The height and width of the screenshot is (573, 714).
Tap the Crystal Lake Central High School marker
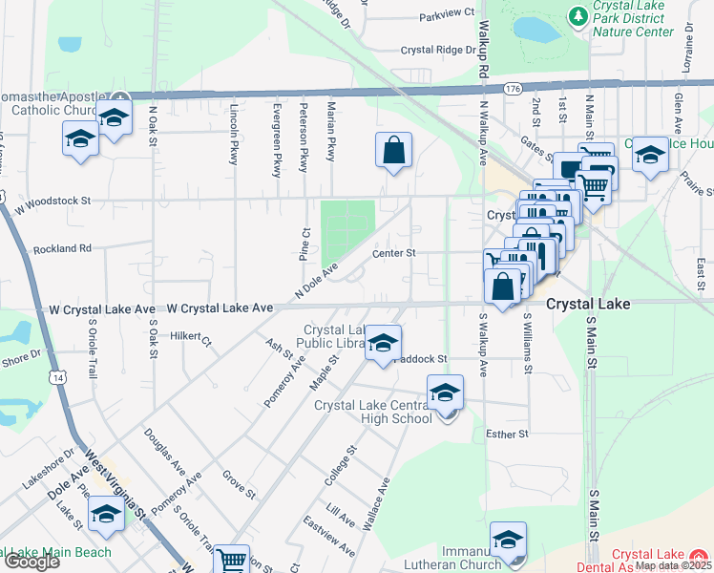click(x=445, y=393)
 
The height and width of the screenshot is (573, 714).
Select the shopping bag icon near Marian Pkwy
click(x=393, y=150)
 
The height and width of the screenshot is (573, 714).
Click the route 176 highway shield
click(x=514, y=88)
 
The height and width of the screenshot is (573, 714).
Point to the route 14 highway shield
click(x=60, y=379)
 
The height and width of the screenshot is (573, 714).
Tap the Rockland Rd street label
click(x=62, y=248)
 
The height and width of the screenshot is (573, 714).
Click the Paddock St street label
click(x=421, y=359)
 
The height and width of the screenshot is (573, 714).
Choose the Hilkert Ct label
click(x=190, y=337)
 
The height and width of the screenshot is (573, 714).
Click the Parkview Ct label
click(x=446, y=13)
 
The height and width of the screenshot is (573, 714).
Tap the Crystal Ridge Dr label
click(x=437, y=50)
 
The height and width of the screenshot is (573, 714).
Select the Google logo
click(x=31, y=562)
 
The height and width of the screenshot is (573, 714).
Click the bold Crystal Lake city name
click(x=588, y=304)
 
